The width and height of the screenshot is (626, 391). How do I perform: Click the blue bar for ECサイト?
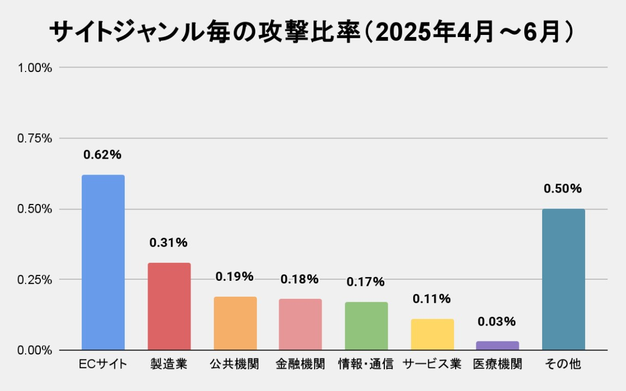103,262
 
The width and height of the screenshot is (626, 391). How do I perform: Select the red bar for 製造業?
169,306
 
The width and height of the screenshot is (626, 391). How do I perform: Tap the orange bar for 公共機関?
235,323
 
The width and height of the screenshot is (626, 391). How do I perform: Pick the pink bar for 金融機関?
300,324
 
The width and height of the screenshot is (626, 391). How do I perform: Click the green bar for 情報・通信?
366,326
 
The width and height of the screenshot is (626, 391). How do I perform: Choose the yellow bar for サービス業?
432,334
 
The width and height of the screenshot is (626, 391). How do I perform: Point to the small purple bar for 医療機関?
498,346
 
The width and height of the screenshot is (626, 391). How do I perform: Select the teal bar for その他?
563,279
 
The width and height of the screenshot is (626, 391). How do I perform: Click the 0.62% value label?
102,155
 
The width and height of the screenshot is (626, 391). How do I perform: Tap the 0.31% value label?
169,243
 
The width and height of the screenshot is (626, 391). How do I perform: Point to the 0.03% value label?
497,322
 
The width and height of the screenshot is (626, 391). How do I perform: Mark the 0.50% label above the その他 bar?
563,189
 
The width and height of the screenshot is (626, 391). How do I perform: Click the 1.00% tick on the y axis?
35,68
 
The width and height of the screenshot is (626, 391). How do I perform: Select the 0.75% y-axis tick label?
35,139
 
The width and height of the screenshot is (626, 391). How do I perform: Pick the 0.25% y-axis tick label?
35,280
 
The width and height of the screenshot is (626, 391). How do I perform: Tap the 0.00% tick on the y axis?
35,350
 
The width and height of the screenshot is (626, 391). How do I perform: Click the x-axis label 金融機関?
300,364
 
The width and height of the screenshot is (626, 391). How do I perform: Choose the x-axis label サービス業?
432,364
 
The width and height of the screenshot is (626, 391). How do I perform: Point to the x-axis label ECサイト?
103,364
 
